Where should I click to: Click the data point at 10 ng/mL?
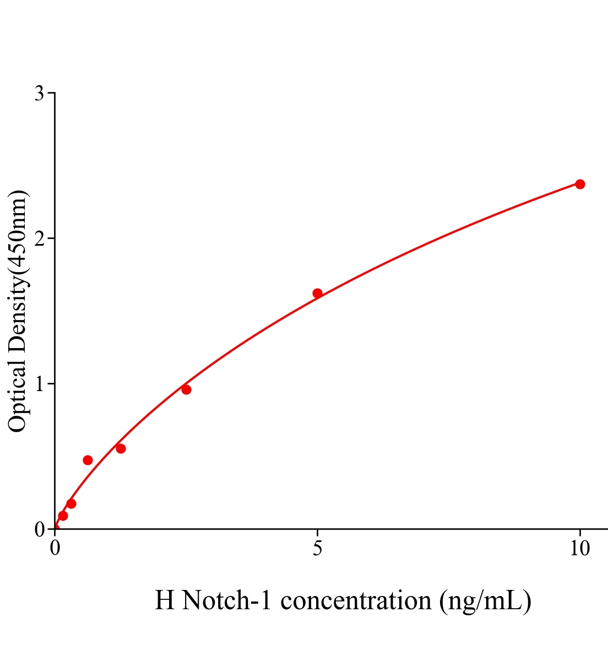[579, 184]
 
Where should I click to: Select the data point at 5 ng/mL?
[317, 293]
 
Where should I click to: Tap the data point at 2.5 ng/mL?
[186, 390]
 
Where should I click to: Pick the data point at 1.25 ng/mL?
[121, 448]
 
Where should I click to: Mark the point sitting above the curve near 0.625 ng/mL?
[88, 460]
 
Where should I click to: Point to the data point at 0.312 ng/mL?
[71, 503]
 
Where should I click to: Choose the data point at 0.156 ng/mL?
[63, 516]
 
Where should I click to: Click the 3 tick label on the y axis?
[39, 94]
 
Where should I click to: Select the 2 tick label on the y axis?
[39, 239]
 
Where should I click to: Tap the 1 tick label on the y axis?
[39, 384]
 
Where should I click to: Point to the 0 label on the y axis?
[39, 529]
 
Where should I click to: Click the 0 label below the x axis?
[55, 549]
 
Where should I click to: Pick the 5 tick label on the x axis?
[317, 549]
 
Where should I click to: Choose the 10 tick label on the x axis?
[579, 549]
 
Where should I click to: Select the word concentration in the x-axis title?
[356, 600]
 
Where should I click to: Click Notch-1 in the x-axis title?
[227, 600]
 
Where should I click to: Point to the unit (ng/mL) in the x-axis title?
[485, 600]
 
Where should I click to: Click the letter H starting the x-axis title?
[164, 600]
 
